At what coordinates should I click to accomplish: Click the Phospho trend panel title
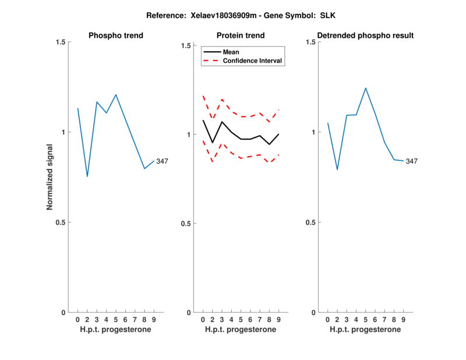(116, 36)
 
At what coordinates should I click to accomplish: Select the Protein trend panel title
(241, 36)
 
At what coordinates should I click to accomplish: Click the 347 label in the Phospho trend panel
(162, 161)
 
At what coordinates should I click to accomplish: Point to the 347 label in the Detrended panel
(412, 161)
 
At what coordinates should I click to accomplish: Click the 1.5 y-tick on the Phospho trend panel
(59, 42)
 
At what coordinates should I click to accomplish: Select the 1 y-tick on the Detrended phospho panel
(313, 132)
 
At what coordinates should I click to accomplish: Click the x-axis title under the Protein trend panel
(241, 330)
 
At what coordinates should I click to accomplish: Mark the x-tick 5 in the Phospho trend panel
(116, 319)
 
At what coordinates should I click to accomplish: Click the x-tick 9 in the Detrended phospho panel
(403, 319)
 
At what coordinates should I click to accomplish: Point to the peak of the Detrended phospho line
(366, 89)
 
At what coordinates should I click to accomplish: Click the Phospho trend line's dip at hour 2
(87, 176)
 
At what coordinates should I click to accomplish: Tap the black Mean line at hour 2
(213, 142)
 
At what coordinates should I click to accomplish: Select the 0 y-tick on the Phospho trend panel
(63, 312)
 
